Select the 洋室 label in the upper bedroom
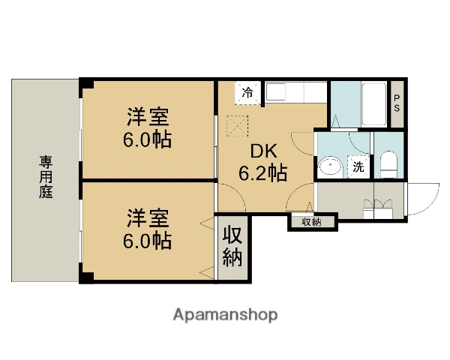click(147, 118)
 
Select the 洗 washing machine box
click(358, 166)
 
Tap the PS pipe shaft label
click(397, 105)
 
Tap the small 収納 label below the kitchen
click(312, 221)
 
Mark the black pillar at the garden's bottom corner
click(87, 278)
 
